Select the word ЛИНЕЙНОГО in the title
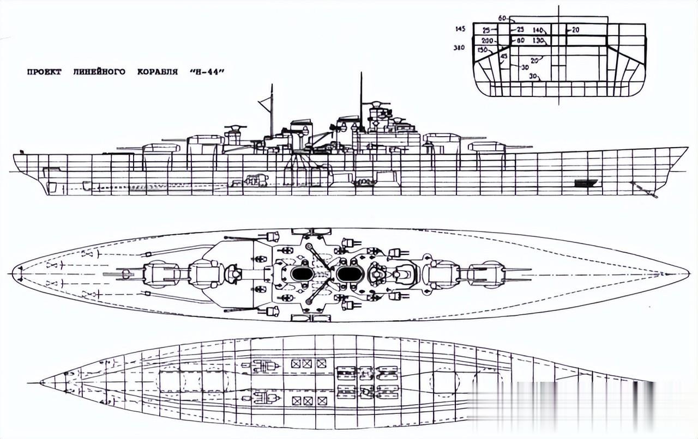(x=96, y=71)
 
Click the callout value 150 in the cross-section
(x=482, y=50)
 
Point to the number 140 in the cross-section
(x=538, y=30)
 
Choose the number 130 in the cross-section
(x=538, y=41)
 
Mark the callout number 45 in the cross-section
(x=503, y=57)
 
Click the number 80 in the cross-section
(x=520, y=41)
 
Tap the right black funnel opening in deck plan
(x=347, y=273)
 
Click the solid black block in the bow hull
(x=586, y=183)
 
